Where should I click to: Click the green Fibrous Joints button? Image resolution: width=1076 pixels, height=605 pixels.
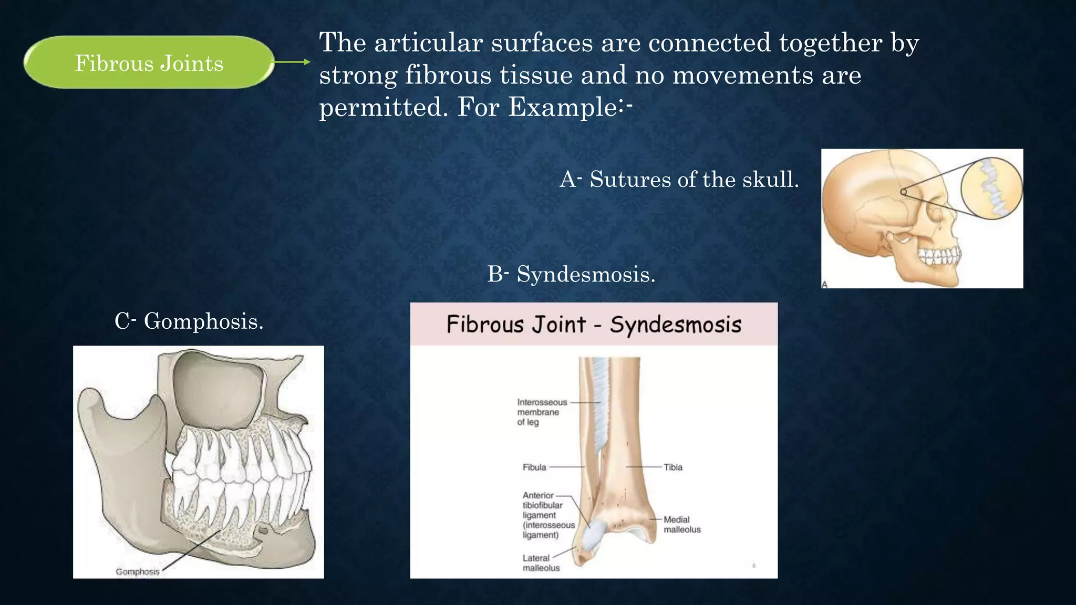pyautogui.click(x=149, y=62)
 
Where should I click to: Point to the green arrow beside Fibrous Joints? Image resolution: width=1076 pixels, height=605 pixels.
pyautogui.click(x=292, y=62)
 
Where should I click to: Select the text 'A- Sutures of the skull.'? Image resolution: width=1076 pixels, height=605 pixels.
pyautogui.click(x=679, y=180)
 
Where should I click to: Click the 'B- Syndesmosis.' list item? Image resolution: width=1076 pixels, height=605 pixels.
pyautogui.click(x=571, y=274)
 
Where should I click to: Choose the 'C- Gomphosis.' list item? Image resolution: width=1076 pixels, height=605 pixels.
pyautogui.click(x=189, y=321)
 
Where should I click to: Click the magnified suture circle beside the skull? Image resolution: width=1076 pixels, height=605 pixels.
pyautogui.click(x=991, y=187)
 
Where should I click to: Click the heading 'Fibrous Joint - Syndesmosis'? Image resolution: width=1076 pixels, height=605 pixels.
pyautogui.click(x=594, y=325)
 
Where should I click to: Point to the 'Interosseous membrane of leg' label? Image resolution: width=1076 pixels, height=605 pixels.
pyautogui.click(x=542, y=412)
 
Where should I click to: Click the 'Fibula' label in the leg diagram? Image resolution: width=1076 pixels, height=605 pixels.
pyautogui.click(x=534, y=467)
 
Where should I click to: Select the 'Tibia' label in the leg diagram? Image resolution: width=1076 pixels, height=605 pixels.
pyautogui.click(x=672, y=467)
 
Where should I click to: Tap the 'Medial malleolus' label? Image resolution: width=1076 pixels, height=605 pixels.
pyautogui.click(x=681, y=524)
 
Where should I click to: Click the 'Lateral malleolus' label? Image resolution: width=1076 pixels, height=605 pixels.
pyautogui.click(x=541, y=562)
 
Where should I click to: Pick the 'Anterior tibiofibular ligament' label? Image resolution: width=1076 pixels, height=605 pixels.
pyautogui.click(x=548, y=515)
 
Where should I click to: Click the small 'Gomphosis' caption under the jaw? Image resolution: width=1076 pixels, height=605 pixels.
pyautogui.click(x=137, y=571)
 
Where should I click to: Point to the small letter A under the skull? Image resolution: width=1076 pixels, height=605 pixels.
pyautogui.click(x=825, y=284)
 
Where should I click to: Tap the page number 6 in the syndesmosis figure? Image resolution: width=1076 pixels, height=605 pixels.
pyautogui.click(x=754, y=566)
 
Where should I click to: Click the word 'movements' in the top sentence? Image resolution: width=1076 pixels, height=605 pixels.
pyautogui.click(x=742, y=75)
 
